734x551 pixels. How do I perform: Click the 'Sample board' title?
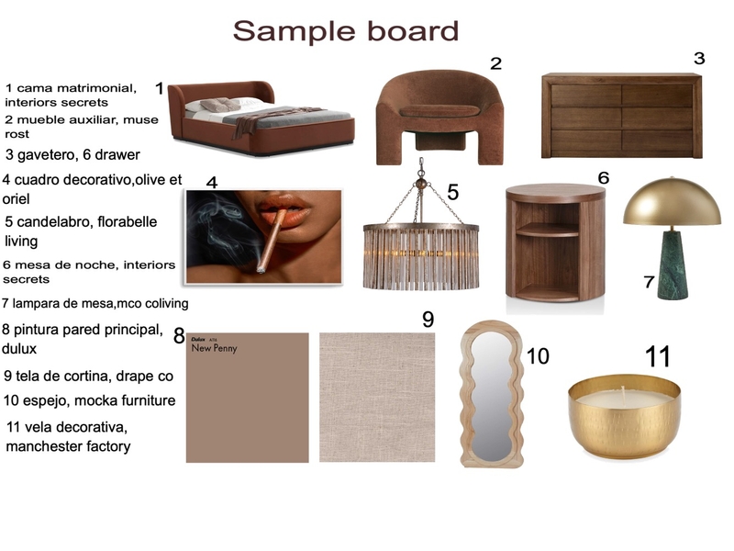(345, 31)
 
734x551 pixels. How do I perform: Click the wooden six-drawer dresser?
(621, 117)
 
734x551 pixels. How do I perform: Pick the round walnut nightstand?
(555, 242)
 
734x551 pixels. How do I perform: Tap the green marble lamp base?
(673, 265)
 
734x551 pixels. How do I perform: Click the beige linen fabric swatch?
(377, 397)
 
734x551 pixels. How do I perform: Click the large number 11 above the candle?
(658, 356)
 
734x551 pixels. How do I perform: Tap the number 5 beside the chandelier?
(452, 192)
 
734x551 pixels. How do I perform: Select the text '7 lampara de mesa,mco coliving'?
(95, 302)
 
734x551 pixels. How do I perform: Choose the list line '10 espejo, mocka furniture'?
(89, 400)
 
